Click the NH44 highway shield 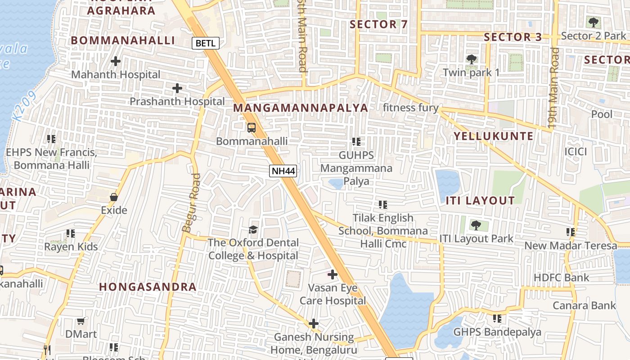click(x=283, y=171)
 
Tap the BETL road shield click(x=206, y=43)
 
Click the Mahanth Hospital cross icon click(x=116, y=61)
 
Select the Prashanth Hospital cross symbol click(x=177, y=88)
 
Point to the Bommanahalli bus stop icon click(x=252, y=127)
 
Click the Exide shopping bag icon click(x=114, y=197)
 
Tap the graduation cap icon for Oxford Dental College click(x=253, y=229)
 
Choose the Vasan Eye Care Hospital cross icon click(x=333, y=274)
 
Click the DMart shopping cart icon click(x=81, y=321)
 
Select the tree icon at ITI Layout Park click(x=476, y=225)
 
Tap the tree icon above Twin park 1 click(x=472, y=58)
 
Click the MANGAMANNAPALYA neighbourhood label click(x=301, y=108)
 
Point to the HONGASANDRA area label click(x=148, y=287)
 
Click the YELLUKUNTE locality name click(x=493, y=136)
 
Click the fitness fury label click(x=410, y=108)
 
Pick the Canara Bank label click(x=584, y=306)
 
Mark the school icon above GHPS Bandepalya click(x=497, y=319)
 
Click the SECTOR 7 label click(x=378, y=24)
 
